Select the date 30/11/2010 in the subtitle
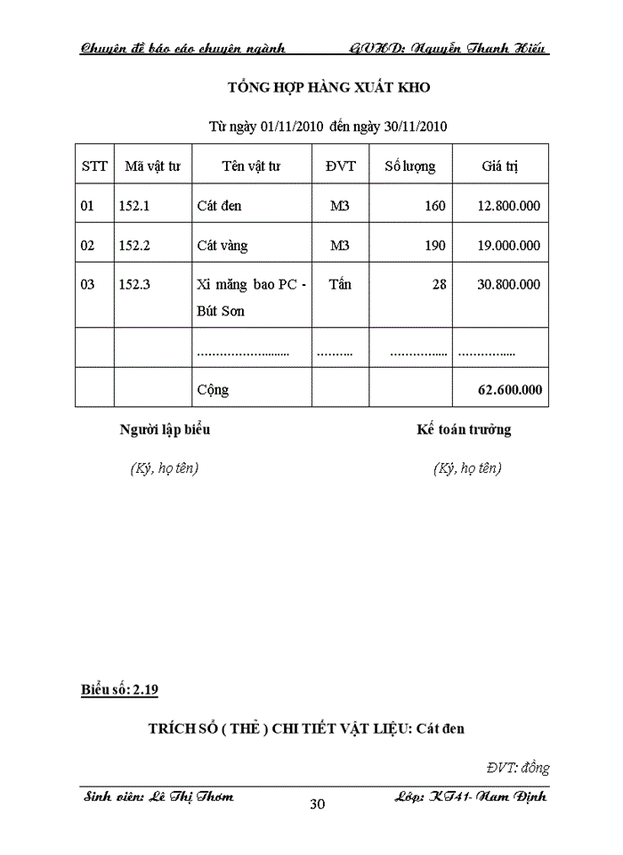(x=413, y=126)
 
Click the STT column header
(x=94, y=166)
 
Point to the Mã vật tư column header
(x=152, y=166)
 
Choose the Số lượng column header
(x=409, y=166)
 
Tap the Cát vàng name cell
(x=222, y=246)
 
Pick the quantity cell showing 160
(x=434, y=206)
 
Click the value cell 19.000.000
(x=508, y=246)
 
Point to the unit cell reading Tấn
(x=339, y=285)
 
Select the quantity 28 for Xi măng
(x=438, y=285)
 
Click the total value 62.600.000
(x=508, y=389)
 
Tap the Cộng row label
(x=213, y=389)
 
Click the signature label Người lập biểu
(x=165, y=430)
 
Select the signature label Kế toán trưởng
(x=464, y=430)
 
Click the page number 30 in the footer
(x=317, y=805)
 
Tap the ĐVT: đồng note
(x=517, y=767)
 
